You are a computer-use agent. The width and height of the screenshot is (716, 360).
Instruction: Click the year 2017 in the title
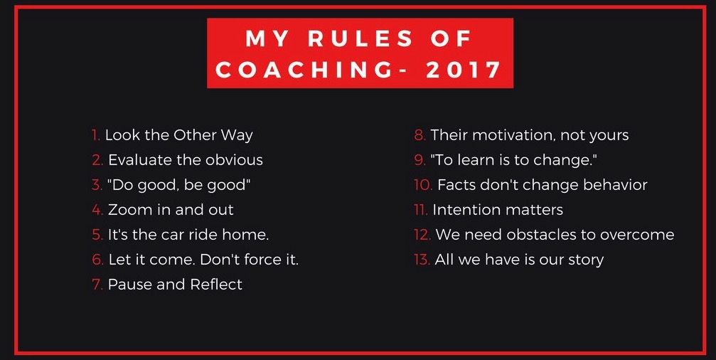point(463,70)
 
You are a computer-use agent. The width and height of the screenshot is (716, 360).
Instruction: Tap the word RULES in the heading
point(360,38)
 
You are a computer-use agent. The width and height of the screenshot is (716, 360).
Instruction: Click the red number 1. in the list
point(96,135)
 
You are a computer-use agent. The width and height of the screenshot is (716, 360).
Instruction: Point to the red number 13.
point(422,260)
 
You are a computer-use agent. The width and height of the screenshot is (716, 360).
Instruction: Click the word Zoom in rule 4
point(129,210)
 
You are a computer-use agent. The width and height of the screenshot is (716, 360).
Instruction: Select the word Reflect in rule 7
point(216,284)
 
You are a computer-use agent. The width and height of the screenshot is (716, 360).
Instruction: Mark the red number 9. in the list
point(420,160)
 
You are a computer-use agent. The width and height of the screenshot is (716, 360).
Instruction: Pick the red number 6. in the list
point(97,260)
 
